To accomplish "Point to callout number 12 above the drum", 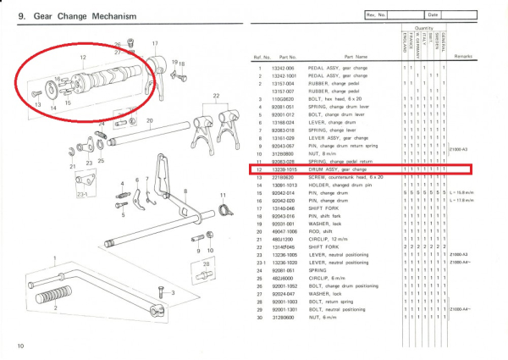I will [83, 58].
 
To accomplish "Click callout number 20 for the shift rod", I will [150, 120].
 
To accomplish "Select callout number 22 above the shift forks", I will [216, 97].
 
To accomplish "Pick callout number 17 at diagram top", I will [155, 42].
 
